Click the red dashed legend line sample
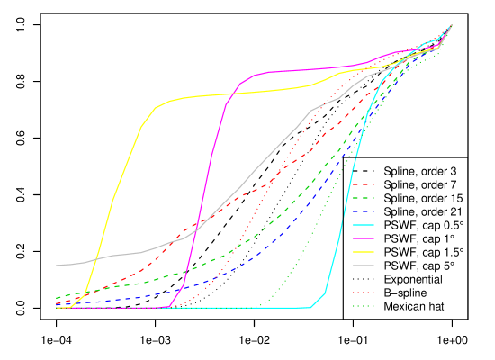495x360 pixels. click(x=363, y=184)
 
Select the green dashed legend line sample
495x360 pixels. click(x=363, y=197)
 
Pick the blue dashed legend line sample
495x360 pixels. click(x=363, y=211)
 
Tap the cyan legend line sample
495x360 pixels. click(x=363, y=224)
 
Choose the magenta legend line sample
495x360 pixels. click(x=363, y=238)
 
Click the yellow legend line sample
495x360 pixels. click(x=363, y=251)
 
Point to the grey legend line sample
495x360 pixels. click(x=363, y=265)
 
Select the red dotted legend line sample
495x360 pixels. click(x=363, y=292)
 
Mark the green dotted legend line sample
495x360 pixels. click(x=363, y=306)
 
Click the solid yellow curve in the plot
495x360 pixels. click(x=126, y=162)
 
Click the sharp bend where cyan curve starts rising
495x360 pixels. click(x=310, y=308)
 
